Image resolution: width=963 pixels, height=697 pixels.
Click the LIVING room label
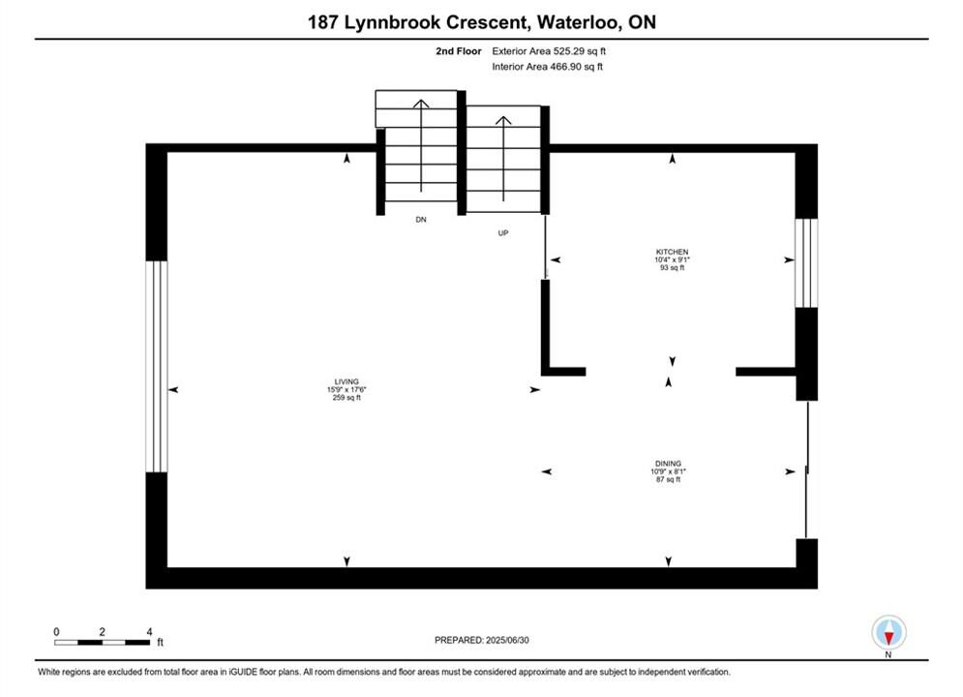pyautogui.click(x=346, y=381)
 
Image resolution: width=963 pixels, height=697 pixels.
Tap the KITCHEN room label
pyautogui.click(x=672, y=252)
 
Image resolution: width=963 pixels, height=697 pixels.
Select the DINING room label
pyautogui.click(x=667, y=463)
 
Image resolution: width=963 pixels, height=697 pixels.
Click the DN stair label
pyautogui.click(x=420, y=220)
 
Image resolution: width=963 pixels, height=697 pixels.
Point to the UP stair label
pyautogui.click(x=502, y=232)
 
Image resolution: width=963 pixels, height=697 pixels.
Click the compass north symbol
pyautogui.click(x=888, y=632)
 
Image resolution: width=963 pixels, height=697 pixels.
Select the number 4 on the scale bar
pyautogui.click(x=148, y=630)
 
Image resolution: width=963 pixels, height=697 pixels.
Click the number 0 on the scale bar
pyautogui.click(x=56, y=630)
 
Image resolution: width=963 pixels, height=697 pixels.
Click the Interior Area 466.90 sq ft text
pyautogui.click(x=548, y=67)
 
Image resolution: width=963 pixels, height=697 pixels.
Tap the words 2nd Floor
pyautogui.click(x=459, y=50)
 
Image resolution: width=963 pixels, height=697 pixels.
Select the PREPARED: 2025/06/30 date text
pyautogui.click(x=481, y=640)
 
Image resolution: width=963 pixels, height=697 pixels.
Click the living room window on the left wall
pyautogui.click(x=157, y=366)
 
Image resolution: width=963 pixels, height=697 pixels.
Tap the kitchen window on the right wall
pyautogui.click(x=806, y=262)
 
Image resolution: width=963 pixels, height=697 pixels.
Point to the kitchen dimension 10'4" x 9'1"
pyautogui.click(x=672, y=259)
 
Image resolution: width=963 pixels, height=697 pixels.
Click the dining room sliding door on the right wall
pyautogui.click(x=806, y=470)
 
